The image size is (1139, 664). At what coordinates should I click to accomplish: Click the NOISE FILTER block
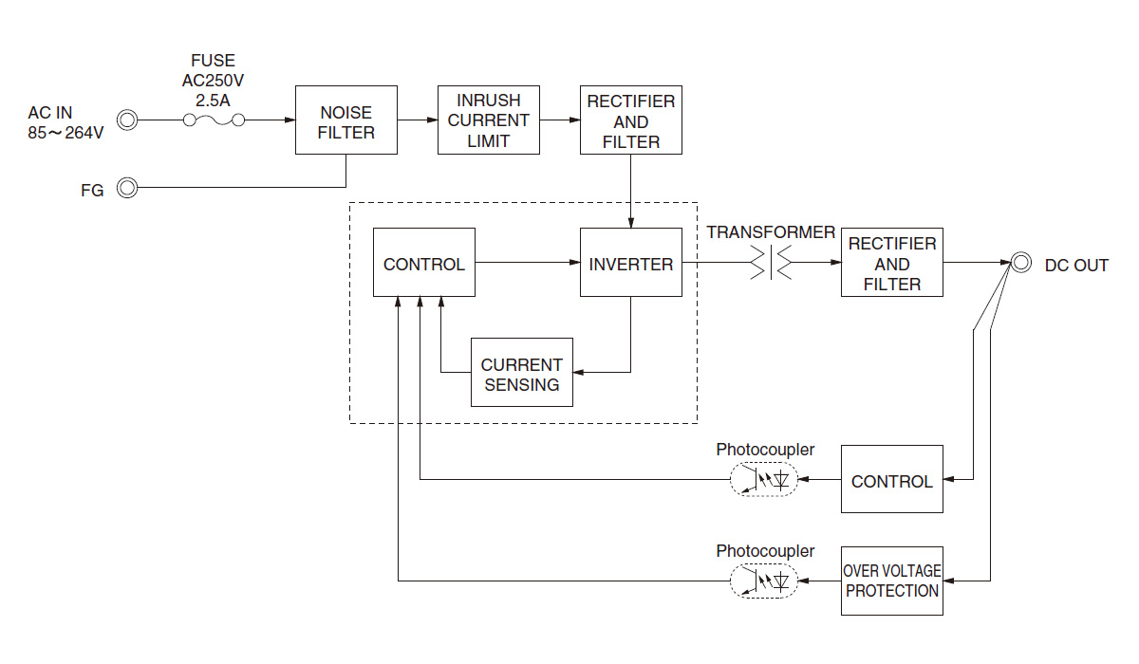click(345, 120)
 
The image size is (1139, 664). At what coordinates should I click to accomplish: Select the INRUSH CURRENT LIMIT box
click(489, 120)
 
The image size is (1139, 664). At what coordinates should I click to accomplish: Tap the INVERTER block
click(631, 263)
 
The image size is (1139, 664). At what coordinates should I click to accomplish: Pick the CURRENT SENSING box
click(522, 373)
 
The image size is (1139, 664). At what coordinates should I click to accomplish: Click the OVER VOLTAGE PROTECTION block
click(892, 581)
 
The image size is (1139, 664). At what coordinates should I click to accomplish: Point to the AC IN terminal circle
click(127, 120)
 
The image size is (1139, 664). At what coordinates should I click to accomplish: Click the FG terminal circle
click(127, 188)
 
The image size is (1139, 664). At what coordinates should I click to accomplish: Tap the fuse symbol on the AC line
click(214, 120)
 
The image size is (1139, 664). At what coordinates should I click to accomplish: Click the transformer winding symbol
click(772, 263)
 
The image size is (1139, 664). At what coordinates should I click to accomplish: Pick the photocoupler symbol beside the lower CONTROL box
click(763, 480)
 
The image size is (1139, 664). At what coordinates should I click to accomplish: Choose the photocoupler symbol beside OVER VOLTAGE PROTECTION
click(763, 581)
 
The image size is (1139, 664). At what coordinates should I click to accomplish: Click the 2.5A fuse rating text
click(213, 99)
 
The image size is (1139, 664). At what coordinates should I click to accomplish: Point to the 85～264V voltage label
click(65, 133)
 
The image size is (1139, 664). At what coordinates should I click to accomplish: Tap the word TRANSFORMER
click(771, 232)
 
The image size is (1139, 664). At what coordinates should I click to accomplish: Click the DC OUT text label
click(1076, 266)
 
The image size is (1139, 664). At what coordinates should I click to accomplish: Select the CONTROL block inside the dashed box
click(424, 263)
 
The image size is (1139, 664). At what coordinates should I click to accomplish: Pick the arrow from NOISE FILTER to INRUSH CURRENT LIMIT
click(418, 120)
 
